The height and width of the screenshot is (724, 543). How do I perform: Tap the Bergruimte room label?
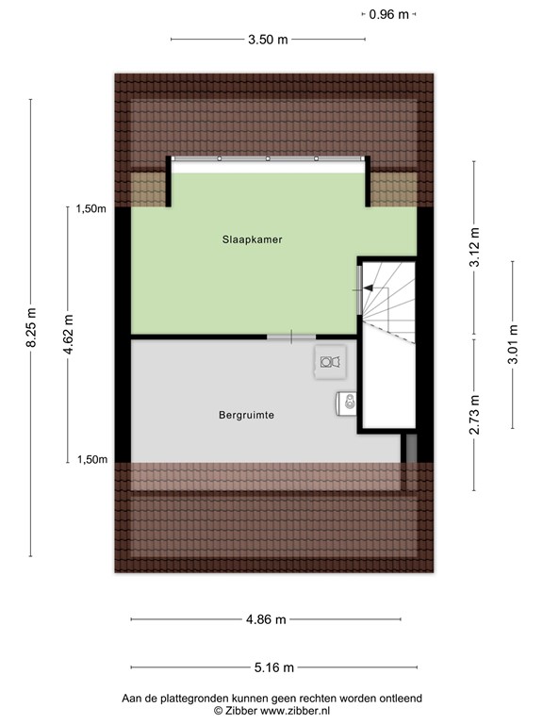tap(246, 414)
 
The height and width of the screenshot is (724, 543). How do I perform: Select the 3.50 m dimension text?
tap(268, 40)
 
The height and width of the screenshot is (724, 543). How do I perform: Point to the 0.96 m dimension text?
tap(389, 14)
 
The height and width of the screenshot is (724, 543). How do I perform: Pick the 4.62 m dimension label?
tap(68, 334)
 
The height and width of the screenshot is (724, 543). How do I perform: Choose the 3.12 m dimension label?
tap(475, 247)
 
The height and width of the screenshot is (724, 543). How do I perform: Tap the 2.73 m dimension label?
tap(475, 412)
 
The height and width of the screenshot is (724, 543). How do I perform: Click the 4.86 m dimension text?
tap(266, 619)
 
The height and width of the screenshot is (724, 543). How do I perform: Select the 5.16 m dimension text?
tap(274, 667)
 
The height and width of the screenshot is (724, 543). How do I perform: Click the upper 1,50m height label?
tap(90, 210)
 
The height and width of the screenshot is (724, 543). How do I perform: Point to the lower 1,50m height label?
tap(90, 460)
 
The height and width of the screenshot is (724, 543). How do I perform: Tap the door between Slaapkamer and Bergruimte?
tap(290, 337)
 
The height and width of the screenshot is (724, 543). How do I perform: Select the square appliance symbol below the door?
tap(329, 361)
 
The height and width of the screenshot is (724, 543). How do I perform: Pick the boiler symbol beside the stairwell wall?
tap(347, 403)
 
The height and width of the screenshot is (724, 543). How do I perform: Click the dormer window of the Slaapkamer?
tap(268, 160)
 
